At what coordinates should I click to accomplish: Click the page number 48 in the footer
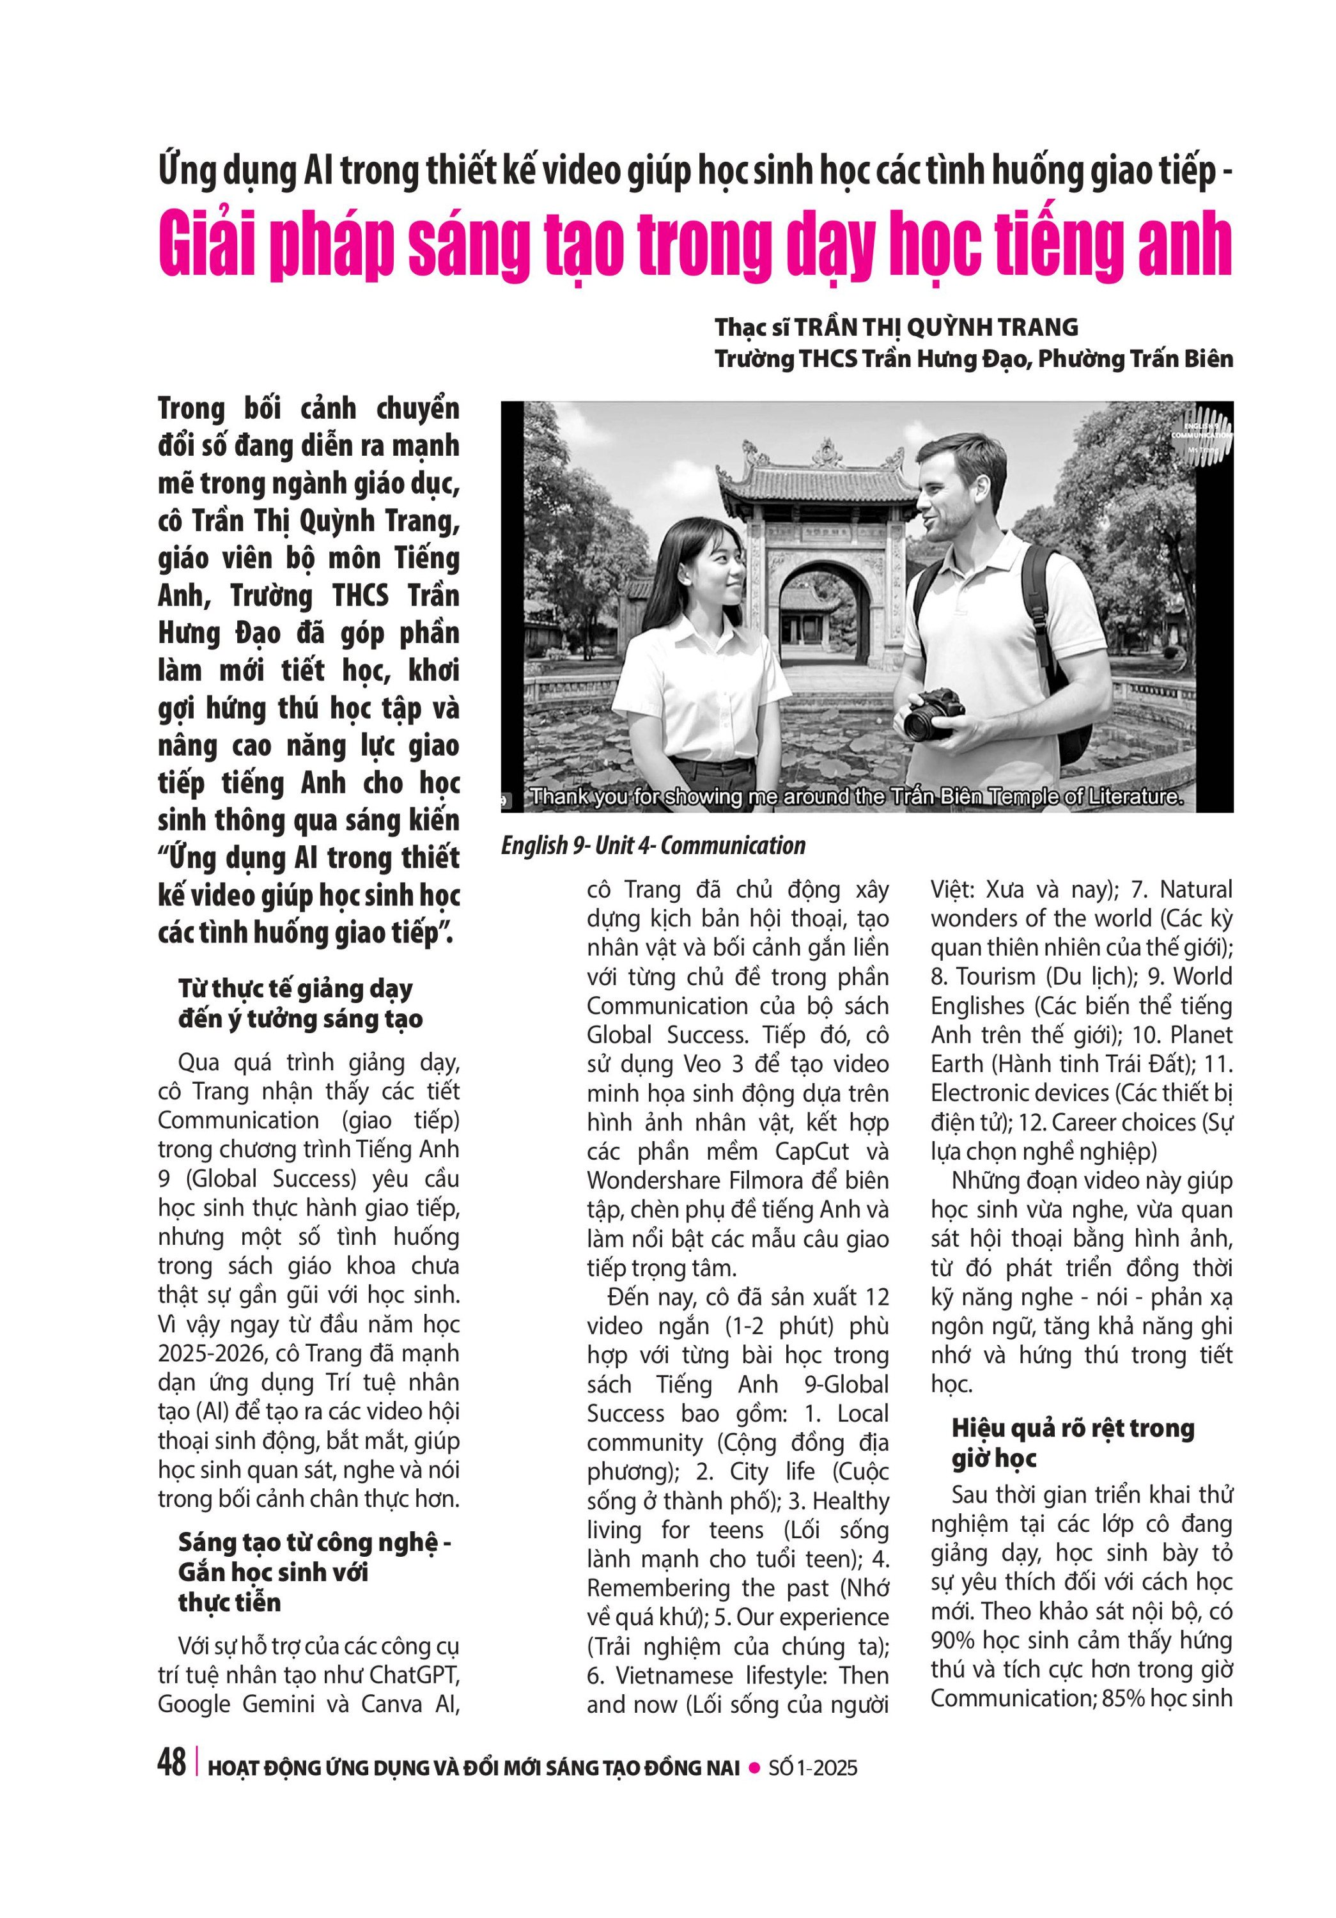(171, 1763)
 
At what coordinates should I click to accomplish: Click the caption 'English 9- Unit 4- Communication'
(652, 845)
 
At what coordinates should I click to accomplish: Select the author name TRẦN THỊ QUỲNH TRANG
(935, 327)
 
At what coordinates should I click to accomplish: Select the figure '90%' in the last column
(952, 1640)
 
